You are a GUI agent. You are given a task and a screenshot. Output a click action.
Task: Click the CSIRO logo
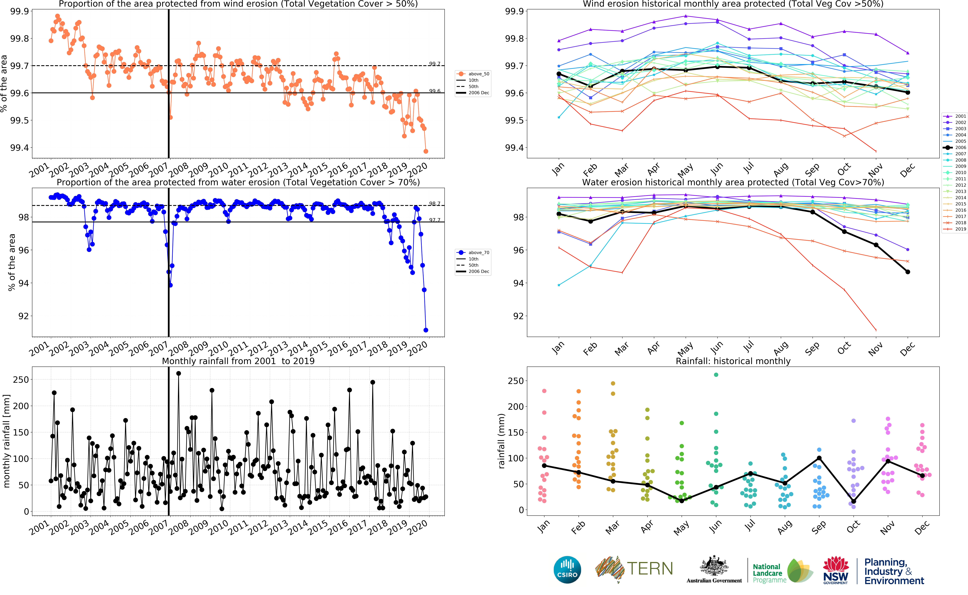click(567, 570)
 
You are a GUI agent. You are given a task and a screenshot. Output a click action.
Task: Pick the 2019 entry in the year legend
click(955, 229)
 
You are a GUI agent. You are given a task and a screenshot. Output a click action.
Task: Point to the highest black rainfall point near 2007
click(178, 373)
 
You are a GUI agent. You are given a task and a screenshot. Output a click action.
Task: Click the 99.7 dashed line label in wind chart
click(434, 64)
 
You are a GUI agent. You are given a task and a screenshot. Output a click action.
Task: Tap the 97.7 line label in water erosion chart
click(434, 220)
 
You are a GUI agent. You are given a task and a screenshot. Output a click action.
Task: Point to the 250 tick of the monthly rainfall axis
click(21, 380)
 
